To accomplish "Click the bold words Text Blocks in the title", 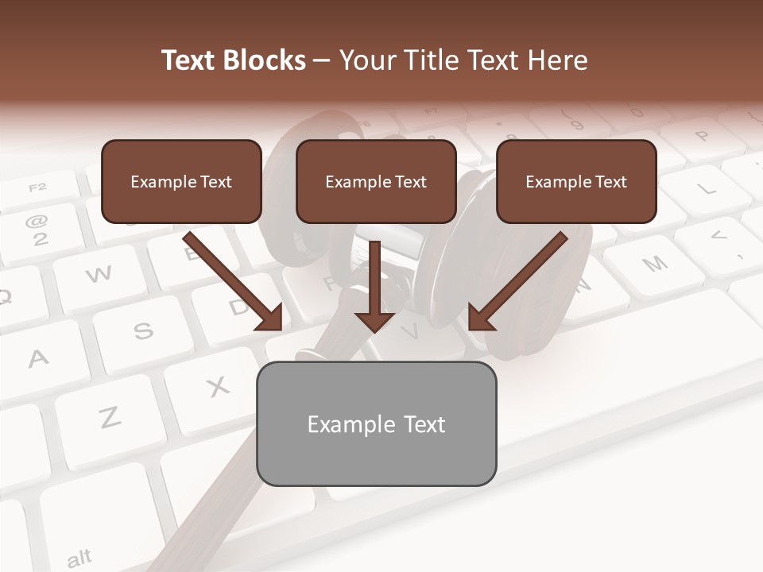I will (x=233, y=60).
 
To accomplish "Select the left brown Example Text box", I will (x=181, y=182).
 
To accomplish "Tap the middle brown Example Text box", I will (x=376, y=182).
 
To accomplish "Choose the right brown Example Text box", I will (x=576, y=182).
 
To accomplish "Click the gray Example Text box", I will (x=376, y=424).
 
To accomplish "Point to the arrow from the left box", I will (x=234, y=282).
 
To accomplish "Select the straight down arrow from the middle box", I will (x=374, y=286).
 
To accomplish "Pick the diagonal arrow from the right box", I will (x=517, y=282).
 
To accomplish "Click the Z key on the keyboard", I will (x=109, y=417).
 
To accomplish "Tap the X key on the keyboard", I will (x=217, y=387).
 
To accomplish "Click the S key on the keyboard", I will (x=143, y=330).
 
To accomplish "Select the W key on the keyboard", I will (x=98, y=275).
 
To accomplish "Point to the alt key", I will (x=79, y=558).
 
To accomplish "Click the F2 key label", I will (x=37, y=188).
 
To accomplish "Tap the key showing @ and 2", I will (x=37, y=230).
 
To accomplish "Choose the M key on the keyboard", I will (x=654, y=264).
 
